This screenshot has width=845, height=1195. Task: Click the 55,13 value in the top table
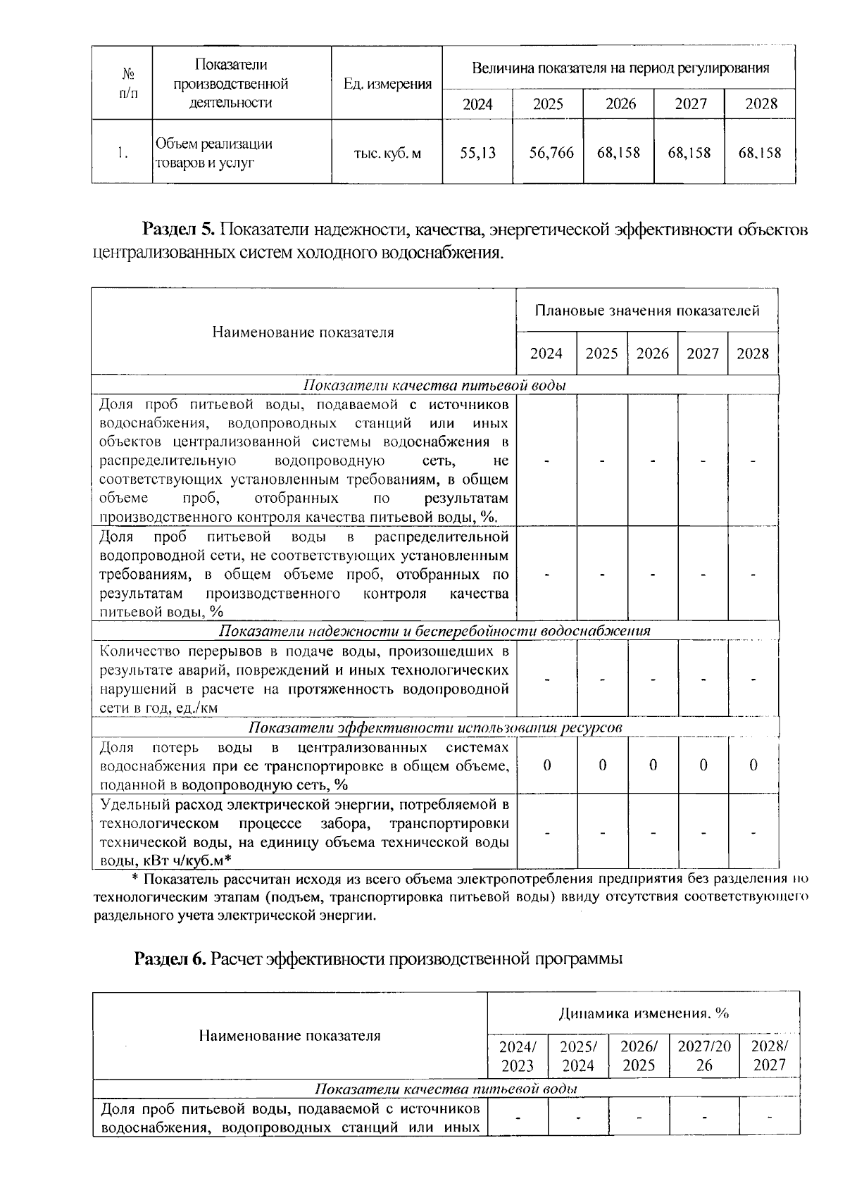point(477,153)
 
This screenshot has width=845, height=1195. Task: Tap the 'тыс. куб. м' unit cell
point(387,153)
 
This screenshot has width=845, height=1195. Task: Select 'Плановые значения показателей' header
point(646,311)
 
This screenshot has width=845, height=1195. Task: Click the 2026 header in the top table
point(620,104)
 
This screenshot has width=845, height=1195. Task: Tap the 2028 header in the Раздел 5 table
point(753,354)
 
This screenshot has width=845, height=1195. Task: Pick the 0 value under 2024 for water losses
point(547,765)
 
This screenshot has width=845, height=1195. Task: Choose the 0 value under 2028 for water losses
point(753,765)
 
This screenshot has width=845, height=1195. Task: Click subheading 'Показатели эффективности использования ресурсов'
point(436,727)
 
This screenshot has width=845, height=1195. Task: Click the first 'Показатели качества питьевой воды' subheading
point(434,385)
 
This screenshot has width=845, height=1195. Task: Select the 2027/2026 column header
point(704,1056)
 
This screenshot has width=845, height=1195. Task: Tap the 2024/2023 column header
point(518,1056)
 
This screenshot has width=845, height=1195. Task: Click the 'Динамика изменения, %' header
point(644,1014)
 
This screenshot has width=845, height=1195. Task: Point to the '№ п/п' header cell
point(128,82)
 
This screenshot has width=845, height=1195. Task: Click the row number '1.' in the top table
point(123,153)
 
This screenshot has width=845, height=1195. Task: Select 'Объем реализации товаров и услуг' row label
point(214,153)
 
